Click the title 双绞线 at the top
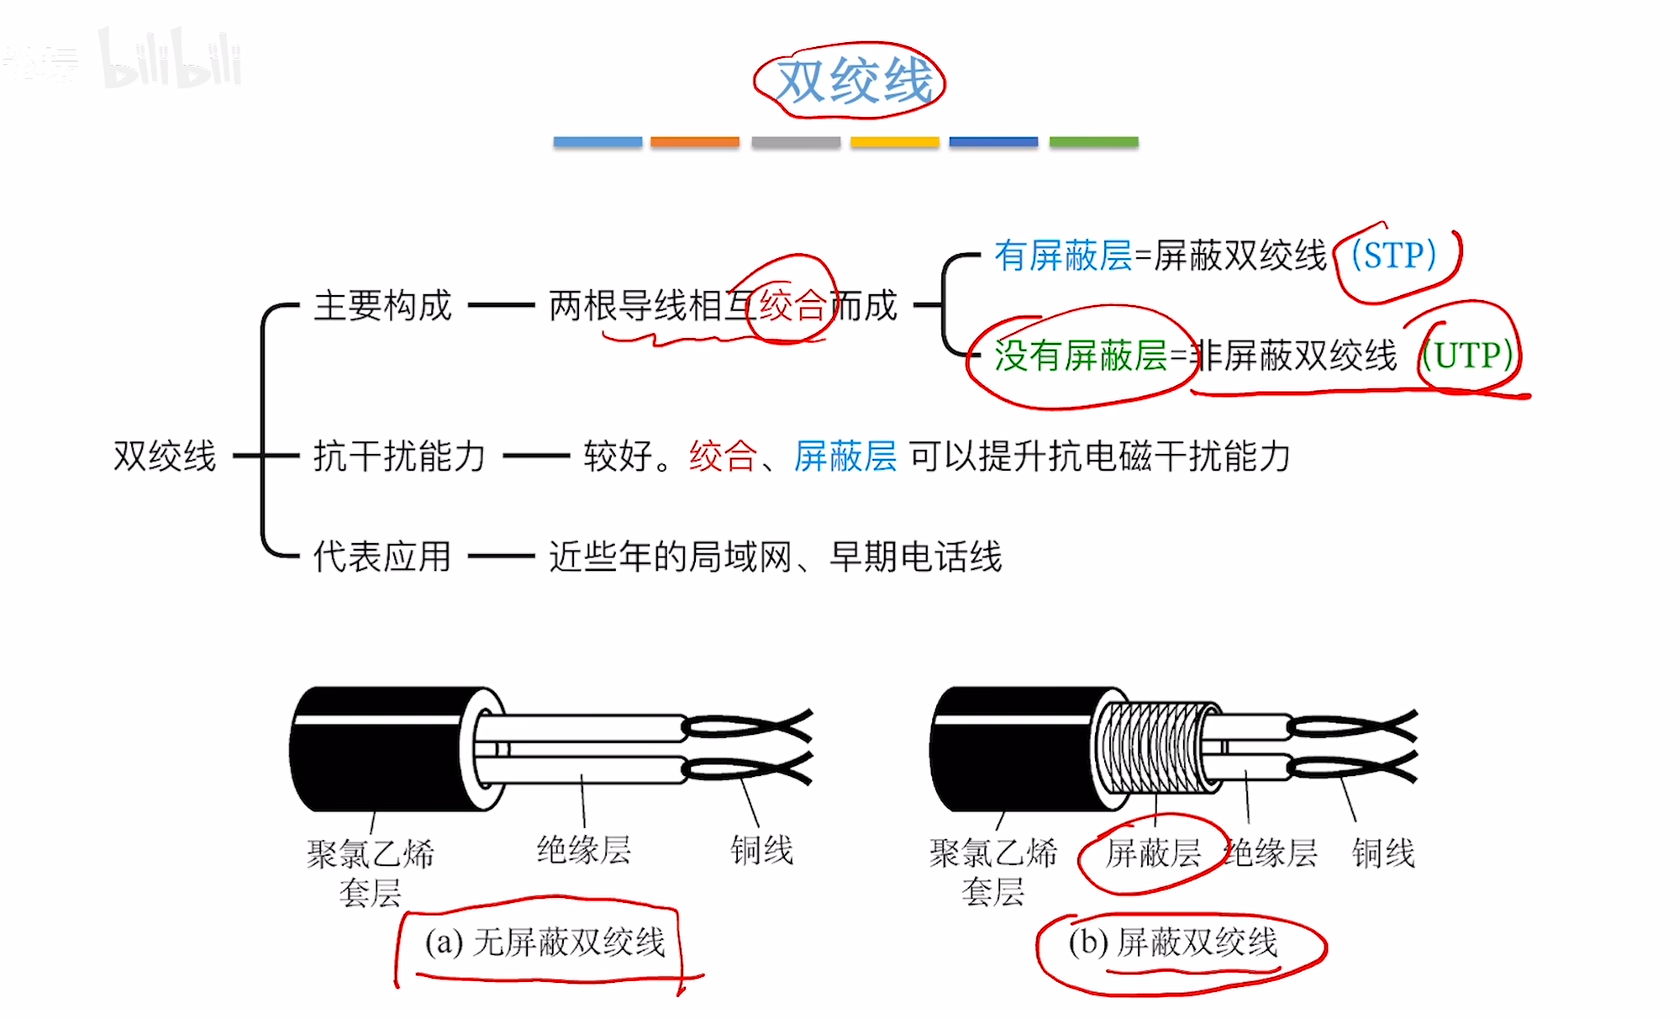pos(853,82)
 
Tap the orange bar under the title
pos(694,142)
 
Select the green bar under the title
pos(1093,142)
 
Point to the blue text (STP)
pos(1393,256)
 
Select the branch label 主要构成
pos(382,305)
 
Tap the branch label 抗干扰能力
pos(399,457)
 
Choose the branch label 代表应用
pos(382,557)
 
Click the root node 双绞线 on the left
pos(165,457)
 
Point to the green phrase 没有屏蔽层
pos(1080,356)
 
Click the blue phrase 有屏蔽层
pos(1063,256)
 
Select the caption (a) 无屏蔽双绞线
pos(545,942)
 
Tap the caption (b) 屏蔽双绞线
pos(1172,942)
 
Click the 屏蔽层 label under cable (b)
pos(1153,853)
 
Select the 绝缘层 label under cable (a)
pos(583,850)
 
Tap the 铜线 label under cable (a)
pos(761,850)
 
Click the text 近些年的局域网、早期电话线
pos(775,557)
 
